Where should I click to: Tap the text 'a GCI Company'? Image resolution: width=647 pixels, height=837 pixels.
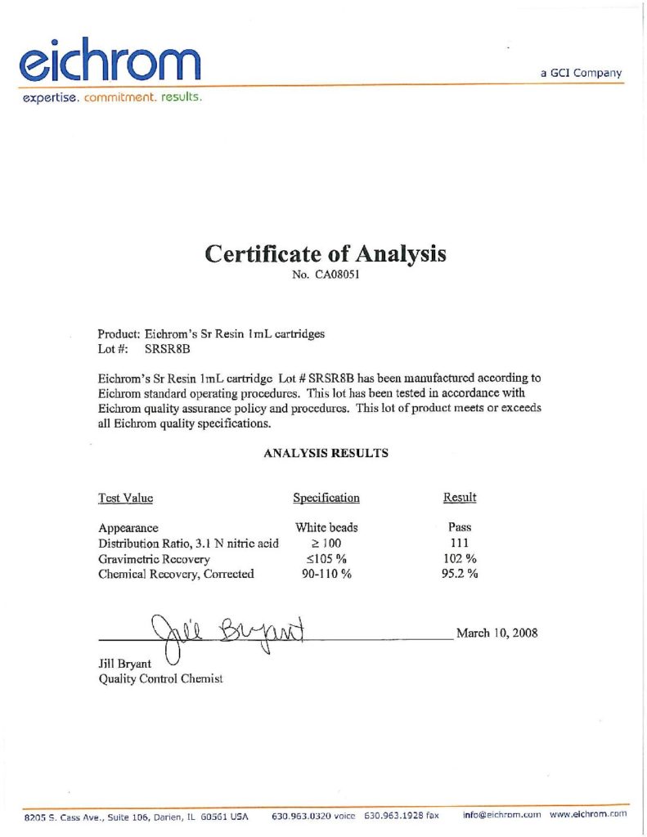(x=581, y=73)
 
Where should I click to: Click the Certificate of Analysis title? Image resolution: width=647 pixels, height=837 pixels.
(x=325, y=253)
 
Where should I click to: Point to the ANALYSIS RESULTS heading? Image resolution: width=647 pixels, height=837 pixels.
(x=326, y=452)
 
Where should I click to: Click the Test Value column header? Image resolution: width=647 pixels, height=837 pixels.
(x=125, y=498)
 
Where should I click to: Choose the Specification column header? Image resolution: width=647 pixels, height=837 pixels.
(x=326, y=498)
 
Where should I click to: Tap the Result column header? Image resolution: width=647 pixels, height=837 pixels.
(x=460, y=498)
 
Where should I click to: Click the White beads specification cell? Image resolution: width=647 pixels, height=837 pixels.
(x=326, y=528)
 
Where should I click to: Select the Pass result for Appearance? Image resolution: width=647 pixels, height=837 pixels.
(x=460, y=528)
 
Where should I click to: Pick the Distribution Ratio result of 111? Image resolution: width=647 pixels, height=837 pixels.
(x=460, y=544)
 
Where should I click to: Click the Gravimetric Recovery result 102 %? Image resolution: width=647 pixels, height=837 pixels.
(x=460, y=559)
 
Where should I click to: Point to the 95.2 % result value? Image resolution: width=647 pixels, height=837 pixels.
(x=460, y=574)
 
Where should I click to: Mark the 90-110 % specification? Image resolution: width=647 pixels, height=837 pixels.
(x=326, y=574)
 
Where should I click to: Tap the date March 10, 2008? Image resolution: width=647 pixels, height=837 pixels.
(x=496, y=633)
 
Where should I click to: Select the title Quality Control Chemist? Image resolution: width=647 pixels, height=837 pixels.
(x=160, y=678)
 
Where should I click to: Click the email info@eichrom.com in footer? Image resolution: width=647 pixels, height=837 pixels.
(x=502, y=815)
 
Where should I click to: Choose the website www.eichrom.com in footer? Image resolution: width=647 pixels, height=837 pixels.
(x=588, y=815)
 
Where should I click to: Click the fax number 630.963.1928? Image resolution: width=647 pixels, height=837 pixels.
(x=401, y=815)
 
